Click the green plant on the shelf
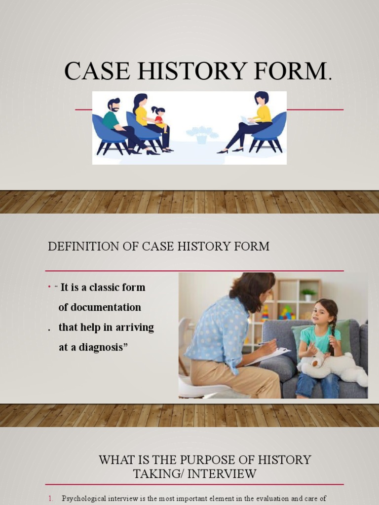click(x=308, y=294)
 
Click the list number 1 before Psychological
click(x=51, y=499)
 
